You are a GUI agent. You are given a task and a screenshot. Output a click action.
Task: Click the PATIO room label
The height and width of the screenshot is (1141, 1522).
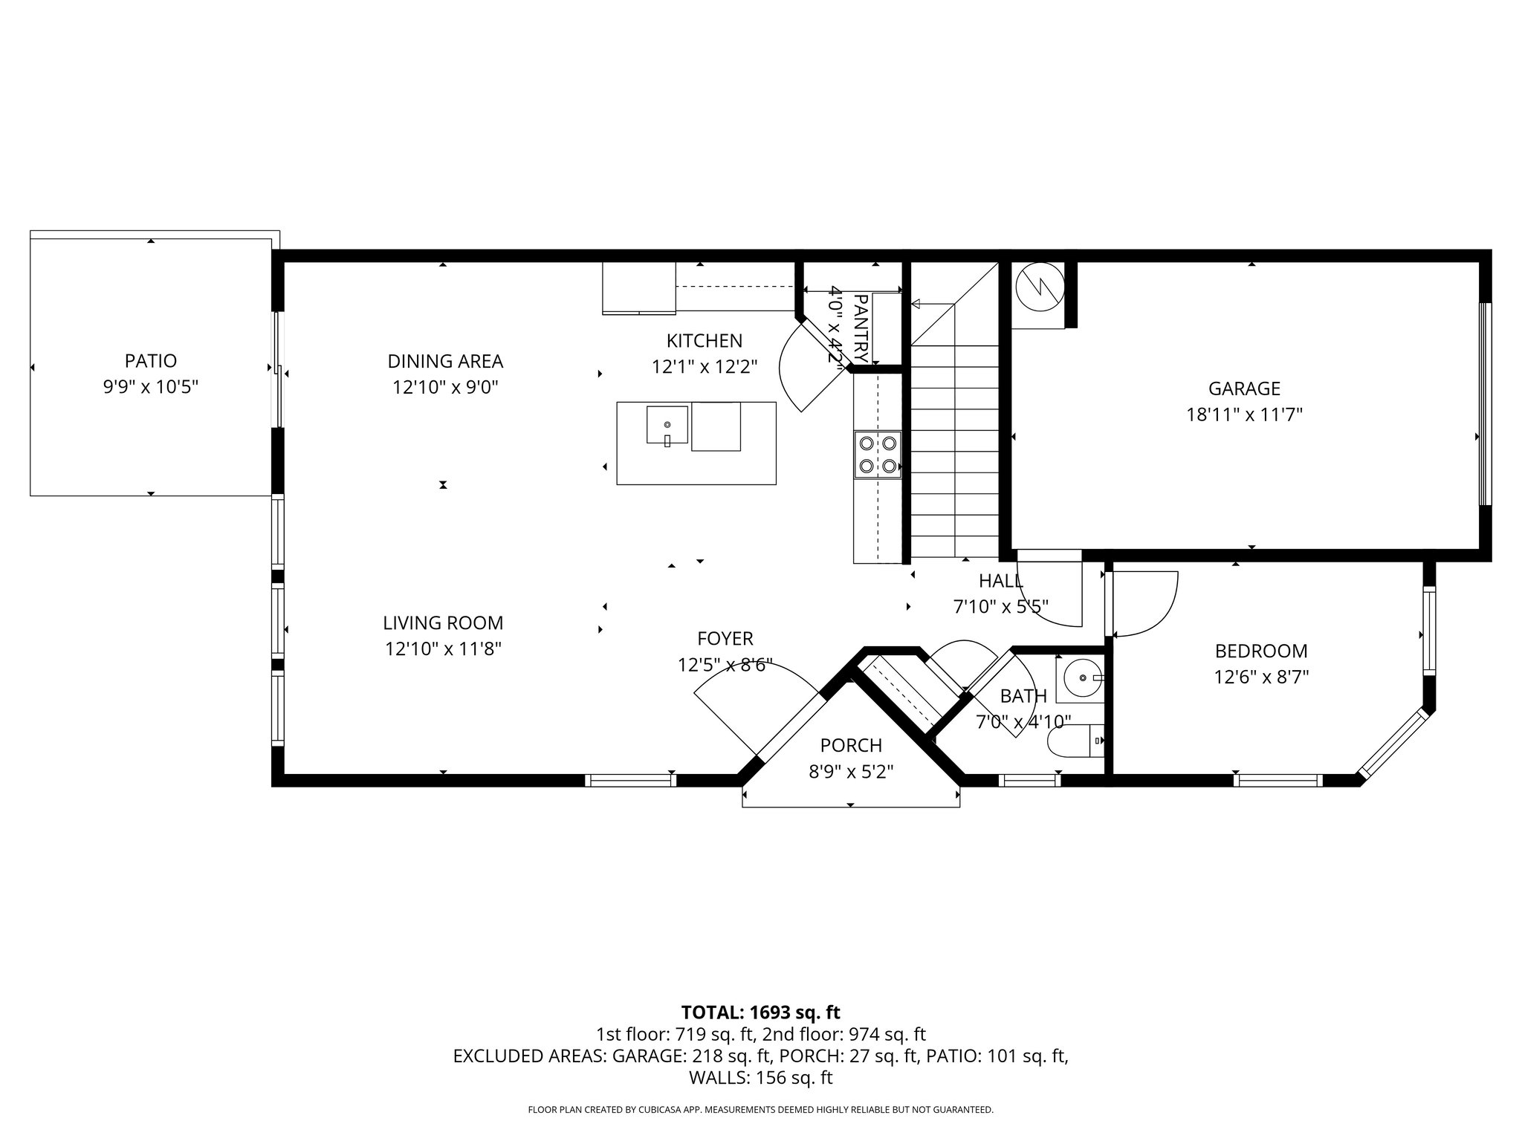pos(151,361)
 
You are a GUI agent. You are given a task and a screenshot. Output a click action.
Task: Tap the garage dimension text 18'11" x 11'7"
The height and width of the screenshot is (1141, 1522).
pos(1244,415)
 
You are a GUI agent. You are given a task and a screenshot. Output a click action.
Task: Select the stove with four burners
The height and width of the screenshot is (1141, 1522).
pos(878,455)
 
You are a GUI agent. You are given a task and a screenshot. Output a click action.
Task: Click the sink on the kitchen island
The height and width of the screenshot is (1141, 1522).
pos(667,425)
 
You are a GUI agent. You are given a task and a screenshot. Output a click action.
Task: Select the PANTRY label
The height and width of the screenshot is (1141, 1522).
pos(861,328)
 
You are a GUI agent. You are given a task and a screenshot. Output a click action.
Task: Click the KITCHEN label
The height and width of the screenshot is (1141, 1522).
pos(704,341)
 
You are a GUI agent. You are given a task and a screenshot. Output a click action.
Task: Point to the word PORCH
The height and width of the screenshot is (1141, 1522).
pos(851,745)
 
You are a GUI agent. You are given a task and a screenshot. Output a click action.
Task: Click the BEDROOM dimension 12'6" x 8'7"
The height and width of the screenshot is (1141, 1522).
pos(1260,677)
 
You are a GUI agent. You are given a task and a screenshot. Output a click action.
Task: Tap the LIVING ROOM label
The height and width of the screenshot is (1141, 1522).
pos(443,623)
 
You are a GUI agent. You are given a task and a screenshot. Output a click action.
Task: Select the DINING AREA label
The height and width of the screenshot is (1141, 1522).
pos(445,362)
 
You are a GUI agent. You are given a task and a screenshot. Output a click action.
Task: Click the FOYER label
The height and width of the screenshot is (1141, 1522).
pos(725,639)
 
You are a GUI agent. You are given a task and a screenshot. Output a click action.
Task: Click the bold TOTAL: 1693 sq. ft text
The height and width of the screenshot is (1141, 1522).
pos(760,1012)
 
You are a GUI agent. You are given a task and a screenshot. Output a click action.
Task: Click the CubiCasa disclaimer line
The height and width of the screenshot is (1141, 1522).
pos(760,1110)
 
